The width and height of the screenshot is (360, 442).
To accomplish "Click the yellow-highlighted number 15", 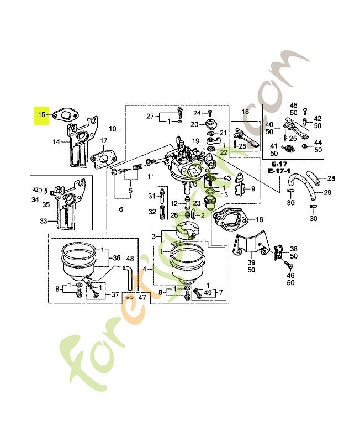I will pos(42,115).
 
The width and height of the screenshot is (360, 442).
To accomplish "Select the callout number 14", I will pos(56,142).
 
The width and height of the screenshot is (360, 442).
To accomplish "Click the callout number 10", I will pos(112,129).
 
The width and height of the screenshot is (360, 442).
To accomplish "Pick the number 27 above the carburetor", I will pos(150,116).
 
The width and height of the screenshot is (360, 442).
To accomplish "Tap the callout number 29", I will pos(327,192).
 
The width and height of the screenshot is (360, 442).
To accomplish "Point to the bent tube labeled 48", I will pos(128,276).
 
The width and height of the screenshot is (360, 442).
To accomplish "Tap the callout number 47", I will pos(142,297).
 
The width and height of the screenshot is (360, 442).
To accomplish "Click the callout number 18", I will pos(246,112).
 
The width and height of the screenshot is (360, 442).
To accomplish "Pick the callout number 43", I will pos(227,177).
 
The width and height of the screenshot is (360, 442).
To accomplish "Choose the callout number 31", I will pos(152,197).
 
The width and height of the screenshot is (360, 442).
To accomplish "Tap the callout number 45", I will pos(293,105).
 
